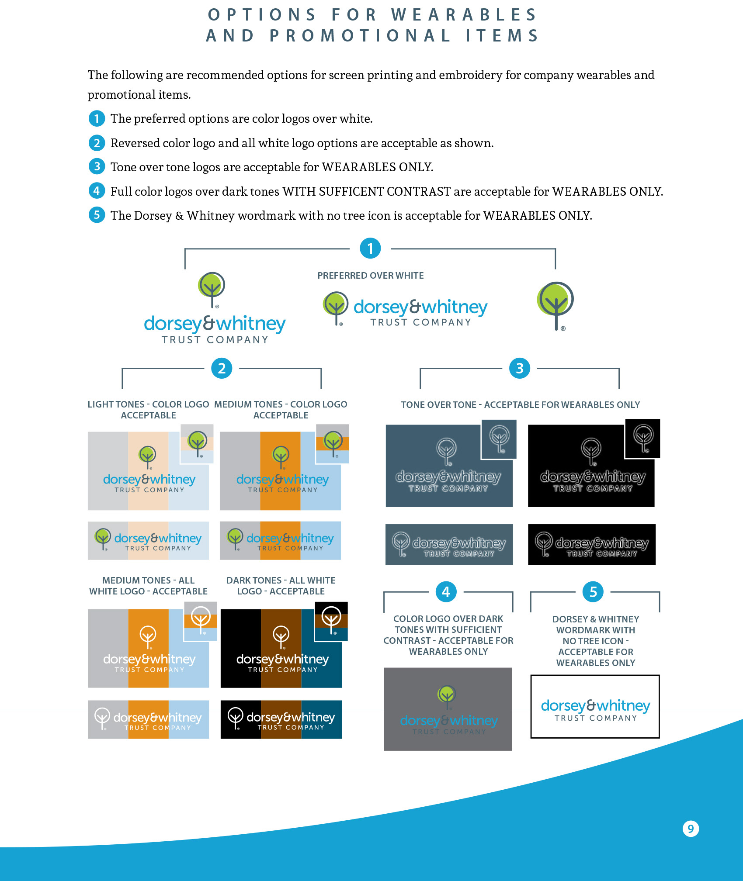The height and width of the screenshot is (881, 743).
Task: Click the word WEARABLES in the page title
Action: (464, 15)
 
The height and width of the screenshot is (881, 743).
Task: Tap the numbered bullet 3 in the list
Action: (97, 166)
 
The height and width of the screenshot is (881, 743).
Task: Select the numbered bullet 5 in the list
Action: (97, 215)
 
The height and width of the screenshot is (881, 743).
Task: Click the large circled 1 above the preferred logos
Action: (370, 249)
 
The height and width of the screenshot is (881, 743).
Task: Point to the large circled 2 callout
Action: (222, 368)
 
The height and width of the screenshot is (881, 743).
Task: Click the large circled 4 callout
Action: (446, 592)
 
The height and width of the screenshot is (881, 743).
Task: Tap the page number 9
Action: (691, 829)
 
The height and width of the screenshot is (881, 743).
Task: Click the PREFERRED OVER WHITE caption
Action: (371, 276)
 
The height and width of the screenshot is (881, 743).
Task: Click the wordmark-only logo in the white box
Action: (595, 710)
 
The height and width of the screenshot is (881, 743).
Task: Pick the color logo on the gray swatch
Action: (448, 712)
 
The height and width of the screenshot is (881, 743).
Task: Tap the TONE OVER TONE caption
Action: (520, 405)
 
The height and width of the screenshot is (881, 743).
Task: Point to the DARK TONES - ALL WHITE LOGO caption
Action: (281, 586)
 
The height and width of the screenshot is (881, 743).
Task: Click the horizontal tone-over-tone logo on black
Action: (592, 545)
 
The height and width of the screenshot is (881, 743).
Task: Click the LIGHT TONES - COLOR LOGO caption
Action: (148, 410)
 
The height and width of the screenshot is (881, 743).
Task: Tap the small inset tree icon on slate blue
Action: (499, 439)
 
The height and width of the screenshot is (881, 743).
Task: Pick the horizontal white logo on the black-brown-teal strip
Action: (281, 719)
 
